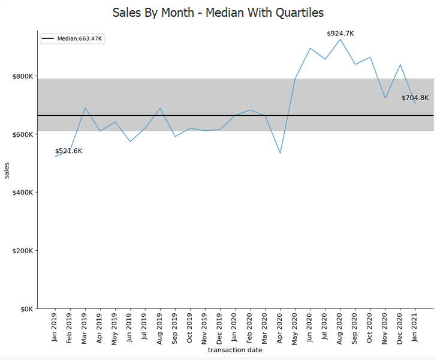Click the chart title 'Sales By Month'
coord(218,13)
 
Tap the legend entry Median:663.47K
coord(73,39)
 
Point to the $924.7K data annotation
coord(340,34)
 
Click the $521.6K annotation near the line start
coord(68,151)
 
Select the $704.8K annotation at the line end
coord(415,98)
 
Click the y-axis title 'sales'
coord(7,170)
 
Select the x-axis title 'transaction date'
coord(235,350)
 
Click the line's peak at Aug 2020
coord(340,40)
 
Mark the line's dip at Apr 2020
coord(280,153)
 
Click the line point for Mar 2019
coord(85,108)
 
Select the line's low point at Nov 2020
coord(385,98)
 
